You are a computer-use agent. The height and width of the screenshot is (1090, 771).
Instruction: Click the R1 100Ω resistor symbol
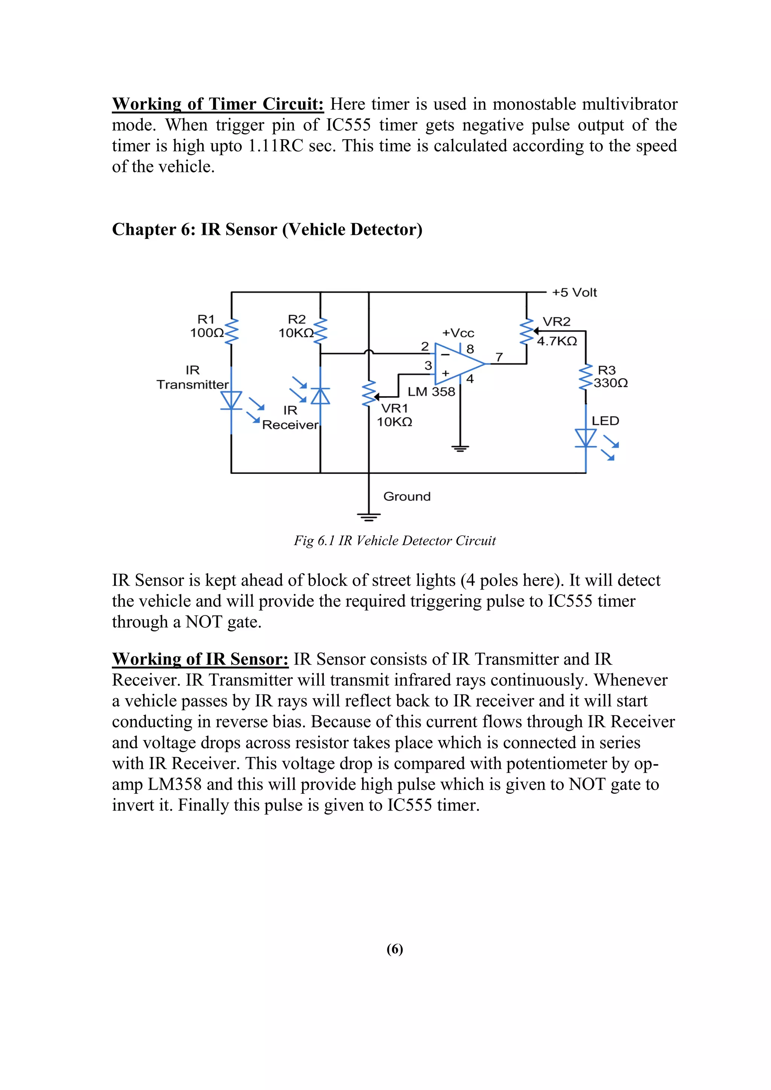pyautogui.click(x=231, y=331)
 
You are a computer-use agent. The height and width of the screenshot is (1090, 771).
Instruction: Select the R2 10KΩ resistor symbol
pyautogui.click(x=320, y=331)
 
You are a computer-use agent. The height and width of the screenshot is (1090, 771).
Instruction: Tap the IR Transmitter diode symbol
pyautogui.click(x=231, y=400)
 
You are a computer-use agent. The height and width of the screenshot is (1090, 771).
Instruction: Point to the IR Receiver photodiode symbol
pyautogui.click(x=320, y=396)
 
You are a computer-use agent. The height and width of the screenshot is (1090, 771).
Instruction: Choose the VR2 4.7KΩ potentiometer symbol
pyautogui.click(x=527, y=331)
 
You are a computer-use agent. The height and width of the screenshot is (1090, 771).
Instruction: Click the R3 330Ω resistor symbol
pyautogui.click(x=586, y=378)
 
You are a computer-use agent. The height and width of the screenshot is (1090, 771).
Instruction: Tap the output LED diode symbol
pyautogui.click(x=586, y=438)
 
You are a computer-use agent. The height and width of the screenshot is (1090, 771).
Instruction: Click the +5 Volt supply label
pyautogui.click(x=574, y=292)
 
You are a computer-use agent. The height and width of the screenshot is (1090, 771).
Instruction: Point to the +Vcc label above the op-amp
pyautogui.click(x=458, y=333)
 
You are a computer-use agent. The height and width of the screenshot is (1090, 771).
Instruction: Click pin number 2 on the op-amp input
pyautogui.click(x=425, y=346)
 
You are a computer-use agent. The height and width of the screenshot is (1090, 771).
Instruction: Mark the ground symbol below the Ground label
pyautogui.click(x=369, y=517)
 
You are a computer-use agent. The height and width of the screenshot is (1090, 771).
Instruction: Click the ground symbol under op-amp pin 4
pyautogui.click(x=460, y=448)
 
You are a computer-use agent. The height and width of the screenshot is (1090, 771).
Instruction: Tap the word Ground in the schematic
pyautogui.click(x=407, y=496)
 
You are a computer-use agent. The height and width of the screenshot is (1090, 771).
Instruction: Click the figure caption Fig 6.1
pyautogui.click(x=395, y=541)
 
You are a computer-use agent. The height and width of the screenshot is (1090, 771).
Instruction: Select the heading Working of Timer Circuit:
pyautogui.click(x=218, y=104)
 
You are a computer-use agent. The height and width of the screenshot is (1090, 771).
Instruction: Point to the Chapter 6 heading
pyautogui.click(x=267, y=229)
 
